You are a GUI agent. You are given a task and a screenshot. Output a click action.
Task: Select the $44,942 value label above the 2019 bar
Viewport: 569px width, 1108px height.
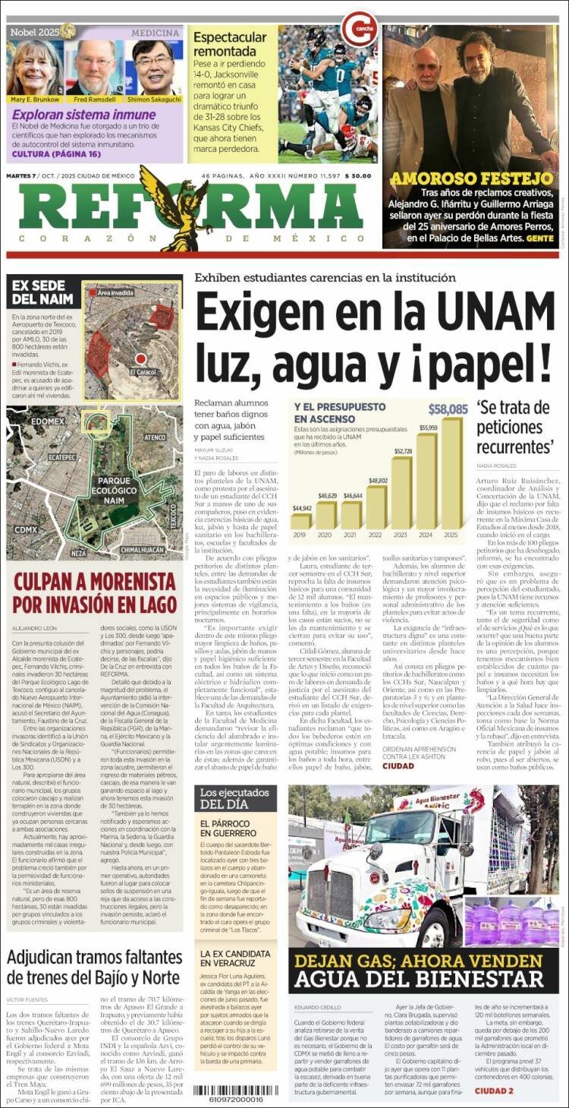pos(301,508)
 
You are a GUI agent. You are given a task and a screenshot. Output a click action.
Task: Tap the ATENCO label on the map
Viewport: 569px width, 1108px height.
pos(155,437)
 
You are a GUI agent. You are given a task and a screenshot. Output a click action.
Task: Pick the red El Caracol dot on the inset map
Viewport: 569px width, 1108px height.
pos(140,358)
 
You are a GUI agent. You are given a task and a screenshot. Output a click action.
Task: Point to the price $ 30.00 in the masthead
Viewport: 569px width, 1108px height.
pos(357,176)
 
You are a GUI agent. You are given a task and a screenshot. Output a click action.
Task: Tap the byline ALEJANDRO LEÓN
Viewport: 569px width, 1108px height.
pos(35,628)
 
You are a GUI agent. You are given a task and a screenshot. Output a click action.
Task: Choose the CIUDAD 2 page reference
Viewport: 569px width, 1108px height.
pos(494,1091)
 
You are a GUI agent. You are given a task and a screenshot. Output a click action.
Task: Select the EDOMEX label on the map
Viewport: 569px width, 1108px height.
pos(49,420)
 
